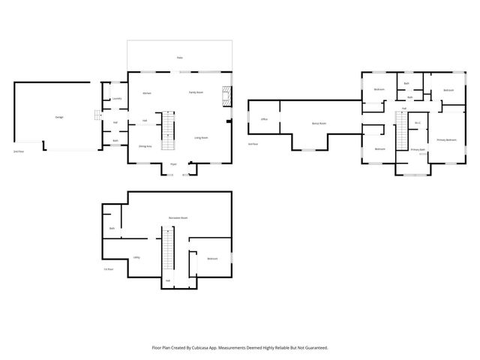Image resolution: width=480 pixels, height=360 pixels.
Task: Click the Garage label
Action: point(58,118)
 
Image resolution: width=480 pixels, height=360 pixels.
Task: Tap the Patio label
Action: point(179,58)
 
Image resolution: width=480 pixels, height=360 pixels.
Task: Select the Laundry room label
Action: point(117,98)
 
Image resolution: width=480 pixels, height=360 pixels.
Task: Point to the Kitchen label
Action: point(148,93)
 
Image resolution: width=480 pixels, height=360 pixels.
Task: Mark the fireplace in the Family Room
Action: point(225,95)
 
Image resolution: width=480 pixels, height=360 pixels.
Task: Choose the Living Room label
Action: point(201,138)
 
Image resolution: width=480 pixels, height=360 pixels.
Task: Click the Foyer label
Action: point(173,163)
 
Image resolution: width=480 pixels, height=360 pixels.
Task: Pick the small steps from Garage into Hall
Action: point(96,115)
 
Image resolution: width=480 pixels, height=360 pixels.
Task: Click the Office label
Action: point(264,119)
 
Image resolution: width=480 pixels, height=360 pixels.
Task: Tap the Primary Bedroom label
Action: point(446,140)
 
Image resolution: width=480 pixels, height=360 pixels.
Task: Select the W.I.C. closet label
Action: point(418,123)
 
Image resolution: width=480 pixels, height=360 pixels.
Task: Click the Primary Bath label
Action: point(418,150)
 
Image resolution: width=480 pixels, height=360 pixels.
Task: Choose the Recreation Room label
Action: point(178,217)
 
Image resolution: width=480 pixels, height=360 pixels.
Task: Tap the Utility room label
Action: point(136,258)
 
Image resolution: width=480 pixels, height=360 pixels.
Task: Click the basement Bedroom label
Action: point(212,259)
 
